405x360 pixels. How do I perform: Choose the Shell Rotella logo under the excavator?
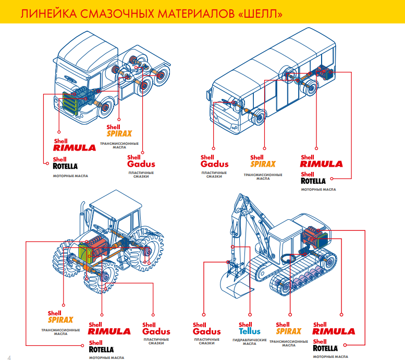pos(326,345)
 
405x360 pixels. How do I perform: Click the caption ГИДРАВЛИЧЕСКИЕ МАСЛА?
pos(249,342)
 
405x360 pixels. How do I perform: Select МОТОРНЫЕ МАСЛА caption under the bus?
pos(318,190)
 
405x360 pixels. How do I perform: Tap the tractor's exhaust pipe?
pos(82,219)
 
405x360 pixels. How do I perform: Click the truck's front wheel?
pos(103,109)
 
